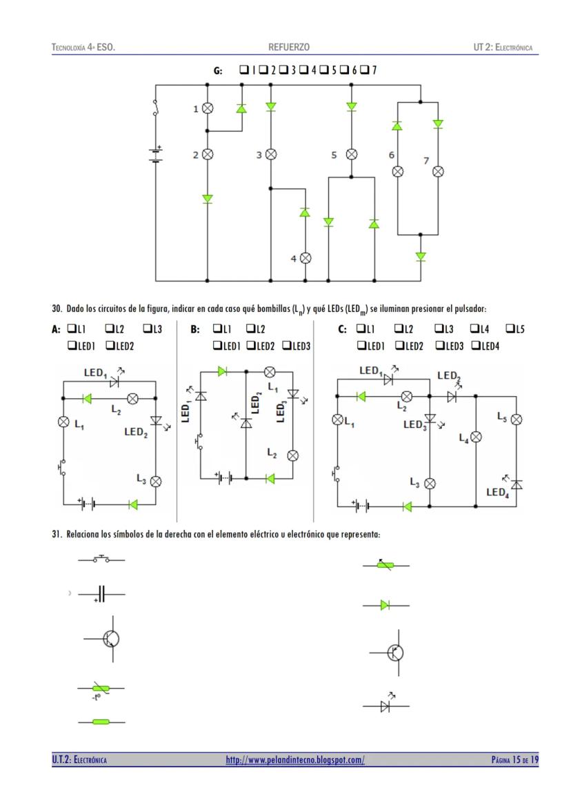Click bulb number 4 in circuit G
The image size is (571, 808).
click(x=305, y=257)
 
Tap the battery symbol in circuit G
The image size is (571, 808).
click(x=156, y=154)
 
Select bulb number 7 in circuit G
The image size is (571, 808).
click(x=438, y=171)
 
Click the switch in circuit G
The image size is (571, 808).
click(x=156, y=110)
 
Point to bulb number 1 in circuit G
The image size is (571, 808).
click(x=207, y=108)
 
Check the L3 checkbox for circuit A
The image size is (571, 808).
click(x=147, y=330)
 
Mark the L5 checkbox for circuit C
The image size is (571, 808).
click(x=510, y=330)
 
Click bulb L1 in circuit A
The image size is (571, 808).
click(x=63, y=422)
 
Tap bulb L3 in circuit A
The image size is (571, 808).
click(x=156, y=481)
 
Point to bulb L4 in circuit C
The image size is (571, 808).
click(x=476, y=436)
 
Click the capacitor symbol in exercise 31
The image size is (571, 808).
click(x=101, y=594)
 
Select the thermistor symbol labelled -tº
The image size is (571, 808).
click(x=101, y=689)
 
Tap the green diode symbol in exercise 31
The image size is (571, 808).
click(x=385, y=605)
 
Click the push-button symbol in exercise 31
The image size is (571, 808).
click(x=101, y=559)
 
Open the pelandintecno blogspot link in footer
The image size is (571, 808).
click(x=295, y=760)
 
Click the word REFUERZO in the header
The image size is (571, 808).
click(x=289, y=47)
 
